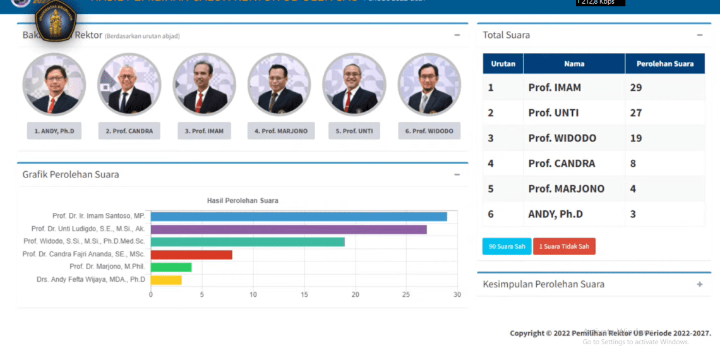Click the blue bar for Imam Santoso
click(299, 217)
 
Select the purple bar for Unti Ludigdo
click(289, 229)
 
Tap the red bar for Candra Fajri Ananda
click(191, 255)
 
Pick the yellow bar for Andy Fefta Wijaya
click(166, 280)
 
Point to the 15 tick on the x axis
click(304, 294)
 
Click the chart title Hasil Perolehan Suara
click(243, 201)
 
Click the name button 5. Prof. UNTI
click(354, 131)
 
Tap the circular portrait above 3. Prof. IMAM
click(204, 85)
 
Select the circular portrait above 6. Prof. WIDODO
click(429, 85)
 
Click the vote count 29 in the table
click(636, 88)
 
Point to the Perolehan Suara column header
click(665, 64)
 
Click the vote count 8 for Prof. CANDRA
click(633, 164)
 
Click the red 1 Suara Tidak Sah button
click(564, 246)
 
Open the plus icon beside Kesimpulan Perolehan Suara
click(700, 284)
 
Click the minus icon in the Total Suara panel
click(700, 35)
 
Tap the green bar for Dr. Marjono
click(171, 267)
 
